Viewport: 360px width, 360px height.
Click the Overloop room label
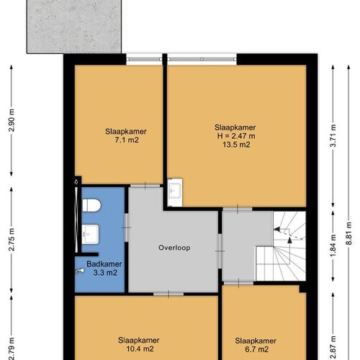click(174, 248)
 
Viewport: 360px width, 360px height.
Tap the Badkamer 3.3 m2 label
click(104, 269)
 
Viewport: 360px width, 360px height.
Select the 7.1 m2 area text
click(127, 140)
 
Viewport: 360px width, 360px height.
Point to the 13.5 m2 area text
click(236, 145)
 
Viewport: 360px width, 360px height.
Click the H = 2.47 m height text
click(236, 136)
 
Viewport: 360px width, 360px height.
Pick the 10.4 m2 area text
click(140, 348)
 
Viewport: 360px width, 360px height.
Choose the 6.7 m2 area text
click(257, 349)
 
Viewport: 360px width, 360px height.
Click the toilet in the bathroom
click(91, 205)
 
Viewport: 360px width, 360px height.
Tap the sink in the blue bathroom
click(90, 234)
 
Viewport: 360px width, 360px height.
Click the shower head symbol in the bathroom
click(80, 271)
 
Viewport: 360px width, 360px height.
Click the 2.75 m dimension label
click(12, 240)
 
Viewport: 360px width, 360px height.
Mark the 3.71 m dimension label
click(333, 136)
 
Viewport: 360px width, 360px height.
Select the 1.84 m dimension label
click(333, 246)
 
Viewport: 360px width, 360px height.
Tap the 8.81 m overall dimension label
click(349, 233)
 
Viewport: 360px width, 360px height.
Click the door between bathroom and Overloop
click(127, 228)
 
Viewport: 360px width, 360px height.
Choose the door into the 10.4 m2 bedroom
click(168, 294)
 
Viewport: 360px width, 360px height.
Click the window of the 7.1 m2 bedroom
click(144, 59)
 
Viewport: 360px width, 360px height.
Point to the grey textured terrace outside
click(74, 27)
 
